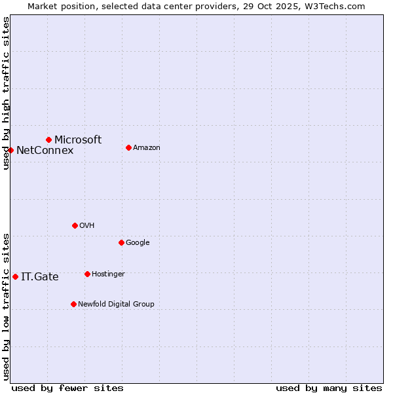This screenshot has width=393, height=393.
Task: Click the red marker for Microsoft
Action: pyautogui.click(x=48, y=140)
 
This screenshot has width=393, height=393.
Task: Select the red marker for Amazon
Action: pyautogui.click(x=128, y=147)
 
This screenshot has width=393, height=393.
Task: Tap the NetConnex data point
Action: pyautogui.click(x=10, y=150)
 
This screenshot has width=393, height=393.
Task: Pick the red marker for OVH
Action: pyautogui.click(x=75, y=225)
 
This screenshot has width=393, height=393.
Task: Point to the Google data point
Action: pyautogui.click(x=121, y=242)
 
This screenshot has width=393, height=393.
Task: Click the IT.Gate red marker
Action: pyautogui.click(x=15, y=276)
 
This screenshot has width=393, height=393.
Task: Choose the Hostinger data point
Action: pyautogui.click(x=87, y=274)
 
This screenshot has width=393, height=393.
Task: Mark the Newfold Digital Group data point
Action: pyautogui.click(x=73, y=304)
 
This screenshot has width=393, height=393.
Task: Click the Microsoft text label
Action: pyautogui.click(x=78, y=140)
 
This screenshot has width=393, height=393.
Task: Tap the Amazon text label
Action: pyautogui.click(x=147, y=147)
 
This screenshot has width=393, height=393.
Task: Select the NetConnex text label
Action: pyautogui.click(x=45, y=151)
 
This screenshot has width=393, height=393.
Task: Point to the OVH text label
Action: pyautogui.click(x=87, y=225)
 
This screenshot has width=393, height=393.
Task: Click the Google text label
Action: pyautogui.click(x=138, y=242)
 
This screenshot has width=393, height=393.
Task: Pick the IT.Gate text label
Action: pyautogui.click(x=40, y=277)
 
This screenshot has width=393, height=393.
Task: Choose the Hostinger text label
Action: pyautogui.click(x=108, y=274)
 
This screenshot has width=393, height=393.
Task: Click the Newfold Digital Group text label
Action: pyautogui.click(x=116, y=304)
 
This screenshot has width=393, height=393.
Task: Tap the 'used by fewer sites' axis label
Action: pyautogui.click(x=67, y=388)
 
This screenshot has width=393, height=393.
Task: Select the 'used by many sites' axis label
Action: pyautogui.click(x=329, y=388)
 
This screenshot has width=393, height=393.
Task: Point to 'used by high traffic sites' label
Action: pyautogui.click(x=7, y=93)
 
